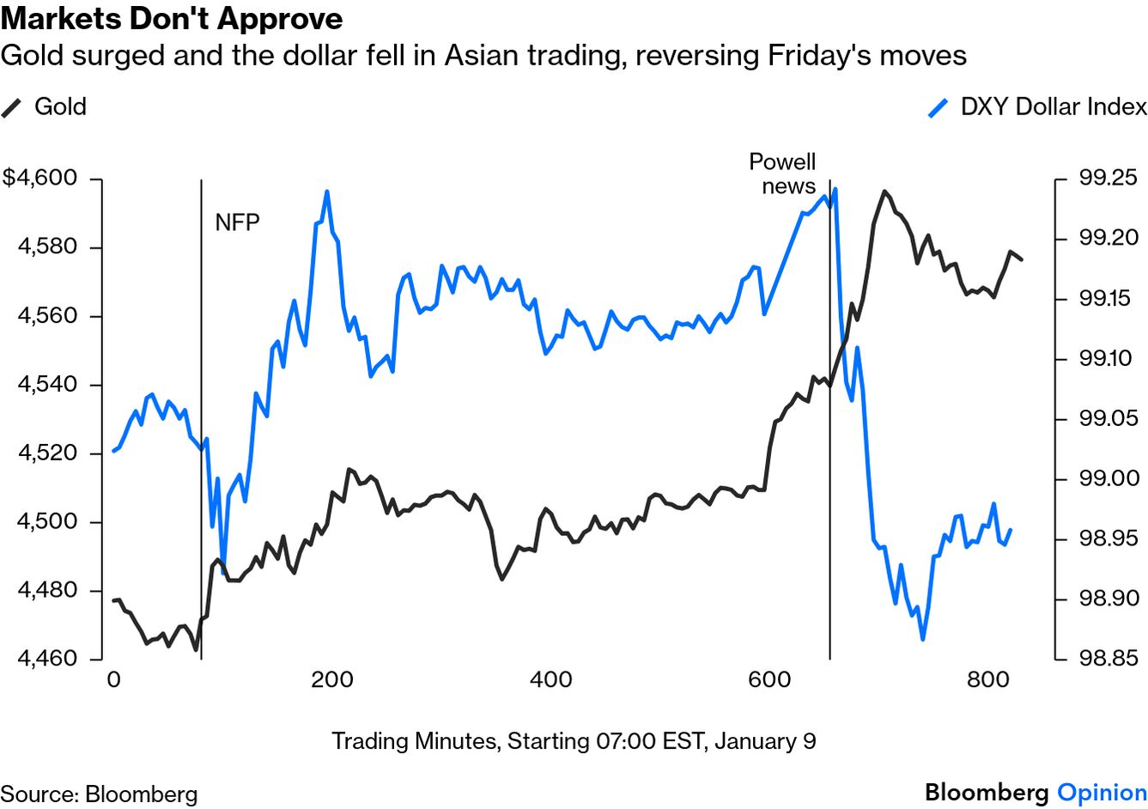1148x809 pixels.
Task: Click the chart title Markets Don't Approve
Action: pos(172,18)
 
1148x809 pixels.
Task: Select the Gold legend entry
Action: pos(59,106)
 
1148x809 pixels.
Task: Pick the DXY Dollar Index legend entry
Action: pos(1053,106)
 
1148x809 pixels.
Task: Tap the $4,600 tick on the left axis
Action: pos(40,179)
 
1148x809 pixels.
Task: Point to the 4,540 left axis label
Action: pos(48,385)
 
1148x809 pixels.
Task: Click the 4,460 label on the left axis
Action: pos(48,659)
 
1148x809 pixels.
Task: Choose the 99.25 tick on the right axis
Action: pos(1108,179)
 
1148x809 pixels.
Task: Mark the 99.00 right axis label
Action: pos(1108,478)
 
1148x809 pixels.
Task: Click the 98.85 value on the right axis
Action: pos(1108,659)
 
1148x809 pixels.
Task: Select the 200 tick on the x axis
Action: pos(331,680)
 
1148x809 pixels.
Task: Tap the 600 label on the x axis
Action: pos(769,680)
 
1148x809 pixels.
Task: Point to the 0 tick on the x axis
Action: pos(113,680)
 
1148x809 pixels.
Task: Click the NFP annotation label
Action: pos(237,222)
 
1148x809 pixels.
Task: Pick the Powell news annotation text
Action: pos(783,174)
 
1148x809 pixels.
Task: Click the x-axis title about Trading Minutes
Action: pos(574,741)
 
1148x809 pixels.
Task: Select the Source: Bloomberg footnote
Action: pos(99,794)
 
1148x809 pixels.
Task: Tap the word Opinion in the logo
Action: pos(1102,792)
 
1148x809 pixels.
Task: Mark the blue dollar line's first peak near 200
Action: pos(326,192)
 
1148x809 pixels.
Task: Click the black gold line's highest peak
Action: pos(884,192)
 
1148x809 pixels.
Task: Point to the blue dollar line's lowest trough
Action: pos(922,639)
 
